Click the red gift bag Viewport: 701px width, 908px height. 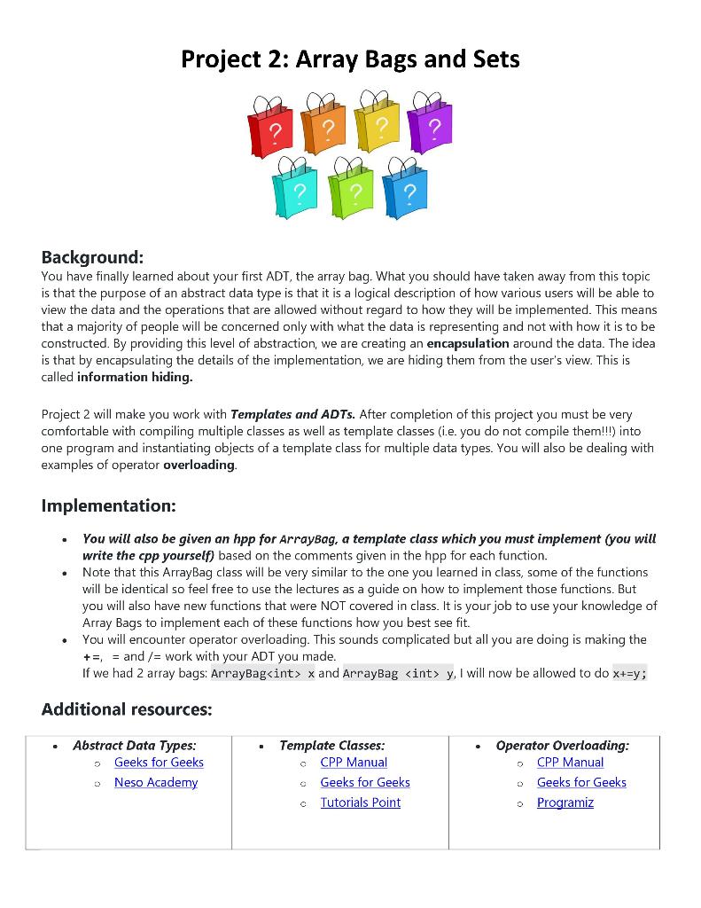pos(272,131)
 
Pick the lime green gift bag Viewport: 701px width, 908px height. pos(351,192)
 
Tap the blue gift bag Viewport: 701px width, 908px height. pos(405,192)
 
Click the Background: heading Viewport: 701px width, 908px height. pos(92,258)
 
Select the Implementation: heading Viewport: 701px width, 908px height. pos(108,506)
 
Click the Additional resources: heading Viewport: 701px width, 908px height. pos(127,709)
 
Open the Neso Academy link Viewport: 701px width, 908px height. pos(156,783)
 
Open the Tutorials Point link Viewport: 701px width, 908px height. pos(360,803)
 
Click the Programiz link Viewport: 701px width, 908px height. pos(565,803)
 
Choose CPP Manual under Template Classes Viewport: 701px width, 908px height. pos(354,763)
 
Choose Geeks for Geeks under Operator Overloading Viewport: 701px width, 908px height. pos(581,783)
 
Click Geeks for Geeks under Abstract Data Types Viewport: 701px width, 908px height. pos(159,763)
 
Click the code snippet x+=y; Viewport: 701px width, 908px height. pos(630,673)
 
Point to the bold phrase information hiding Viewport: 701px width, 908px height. pos(135,377)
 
